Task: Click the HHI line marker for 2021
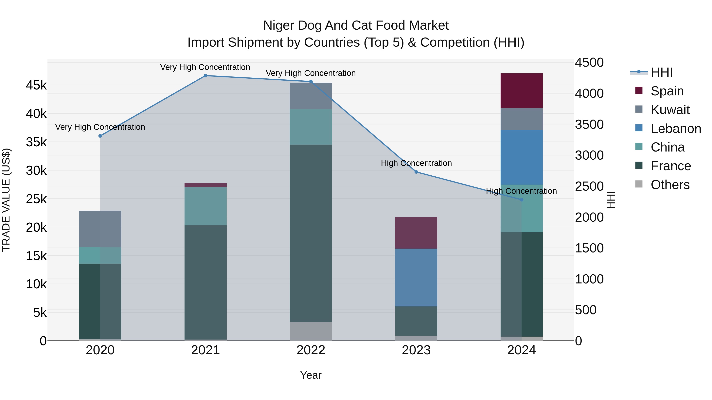[x=205, y=75]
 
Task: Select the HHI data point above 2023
[x=416, y=172]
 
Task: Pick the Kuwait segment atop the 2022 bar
[x=311, y=96]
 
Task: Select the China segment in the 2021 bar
[x=205, y=206]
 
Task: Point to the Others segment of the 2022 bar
[x=311, y=331]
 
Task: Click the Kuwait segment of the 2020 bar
[x=100, y=229]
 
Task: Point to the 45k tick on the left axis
[x=36, y=85]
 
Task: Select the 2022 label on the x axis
[x=311, y=350]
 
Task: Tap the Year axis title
[x=311, y=375]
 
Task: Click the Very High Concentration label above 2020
[x=100, y=127]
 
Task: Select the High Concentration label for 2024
[x=521, y=191]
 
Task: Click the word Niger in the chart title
[x=278, y=25]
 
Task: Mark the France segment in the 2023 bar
[x=416, y=321]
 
